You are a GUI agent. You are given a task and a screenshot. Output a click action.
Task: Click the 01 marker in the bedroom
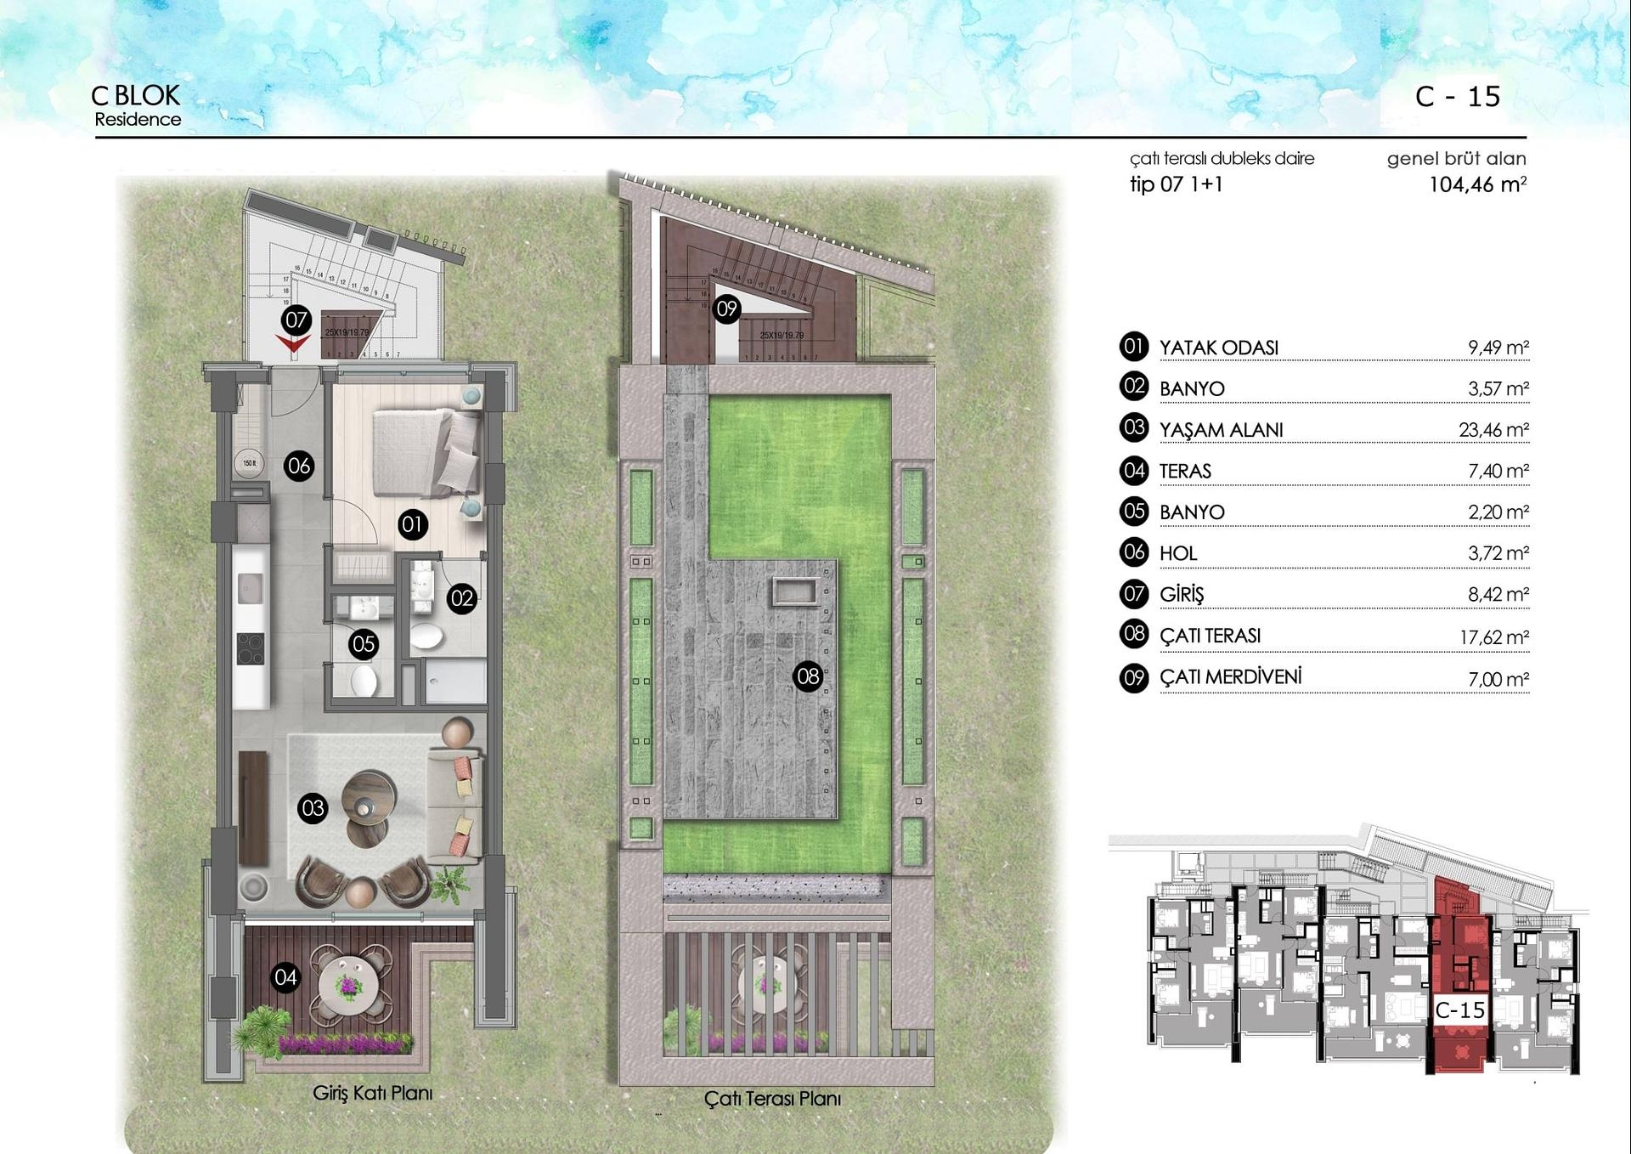tap(412, 524)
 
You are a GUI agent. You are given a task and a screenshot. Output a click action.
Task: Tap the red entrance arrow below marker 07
tap(293, 343)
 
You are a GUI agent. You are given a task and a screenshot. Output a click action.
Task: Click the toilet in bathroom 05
tap(364, 680)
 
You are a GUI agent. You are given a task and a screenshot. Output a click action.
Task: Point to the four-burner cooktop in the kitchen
tap(251, 649)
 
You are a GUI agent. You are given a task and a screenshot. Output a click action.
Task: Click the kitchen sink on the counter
tap(251, 586)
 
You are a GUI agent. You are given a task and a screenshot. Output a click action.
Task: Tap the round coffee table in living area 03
tap(369, 795)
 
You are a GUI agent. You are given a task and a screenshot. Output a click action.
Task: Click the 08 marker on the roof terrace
tap(807, 676)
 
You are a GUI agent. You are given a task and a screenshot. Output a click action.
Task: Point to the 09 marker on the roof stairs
tap(726, 308)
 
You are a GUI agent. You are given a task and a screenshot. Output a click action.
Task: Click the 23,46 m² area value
tap(1493, 430)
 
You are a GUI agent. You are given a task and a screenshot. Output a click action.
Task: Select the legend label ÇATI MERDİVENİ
tap(1230, 677)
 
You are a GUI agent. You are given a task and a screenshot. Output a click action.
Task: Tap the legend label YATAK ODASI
tap(1218, 348)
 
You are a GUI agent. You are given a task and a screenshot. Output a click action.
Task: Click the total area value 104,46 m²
tap(1477, 184)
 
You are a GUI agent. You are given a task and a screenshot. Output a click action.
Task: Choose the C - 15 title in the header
tap(1458, 97)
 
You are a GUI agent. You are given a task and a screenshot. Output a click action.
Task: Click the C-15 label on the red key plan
tap(1459, 1010)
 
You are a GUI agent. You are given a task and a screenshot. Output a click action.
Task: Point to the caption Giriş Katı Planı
tap(372, 1093)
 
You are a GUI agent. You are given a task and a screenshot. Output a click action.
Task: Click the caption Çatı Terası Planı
tap(772, 1099)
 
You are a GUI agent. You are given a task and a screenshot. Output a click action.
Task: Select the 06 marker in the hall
tap(298, 466)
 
